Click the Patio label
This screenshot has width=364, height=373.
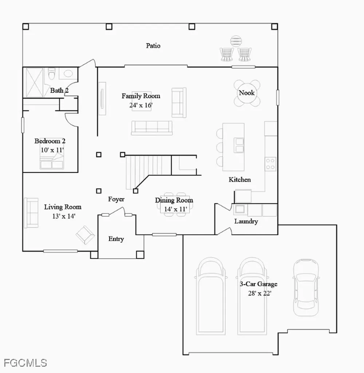(153, 46)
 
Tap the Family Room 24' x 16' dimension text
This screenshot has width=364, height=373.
(141, 105)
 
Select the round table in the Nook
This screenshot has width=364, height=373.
(247, 93)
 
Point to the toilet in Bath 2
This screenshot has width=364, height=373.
(51, 73)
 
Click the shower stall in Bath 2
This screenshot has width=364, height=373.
(35, 82)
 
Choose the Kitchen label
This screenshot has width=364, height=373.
(240, 180)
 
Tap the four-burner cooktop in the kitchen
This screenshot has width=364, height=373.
(270, 164)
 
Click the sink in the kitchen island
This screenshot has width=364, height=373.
(239, 145)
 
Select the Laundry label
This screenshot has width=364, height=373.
(246, 221)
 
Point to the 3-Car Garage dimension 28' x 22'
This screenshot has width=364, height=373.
(260, 293)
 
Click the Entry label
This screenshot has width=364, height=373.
(116, 239)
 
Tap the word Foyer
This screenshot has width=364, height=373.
(116, 199)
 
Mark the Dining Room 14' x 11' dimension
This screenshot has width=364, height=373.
(175, 209)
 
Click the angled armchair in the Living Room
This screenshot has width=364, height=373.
(85, 235)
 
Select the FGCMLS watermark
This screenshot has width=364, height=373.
(25, 363)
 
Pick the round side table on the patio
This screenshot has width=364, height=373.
(236, 41)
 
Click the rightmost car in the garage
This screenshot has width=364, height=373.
(306, 287)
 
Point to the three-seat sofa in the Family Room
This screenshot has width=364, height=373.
(152, 128)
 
